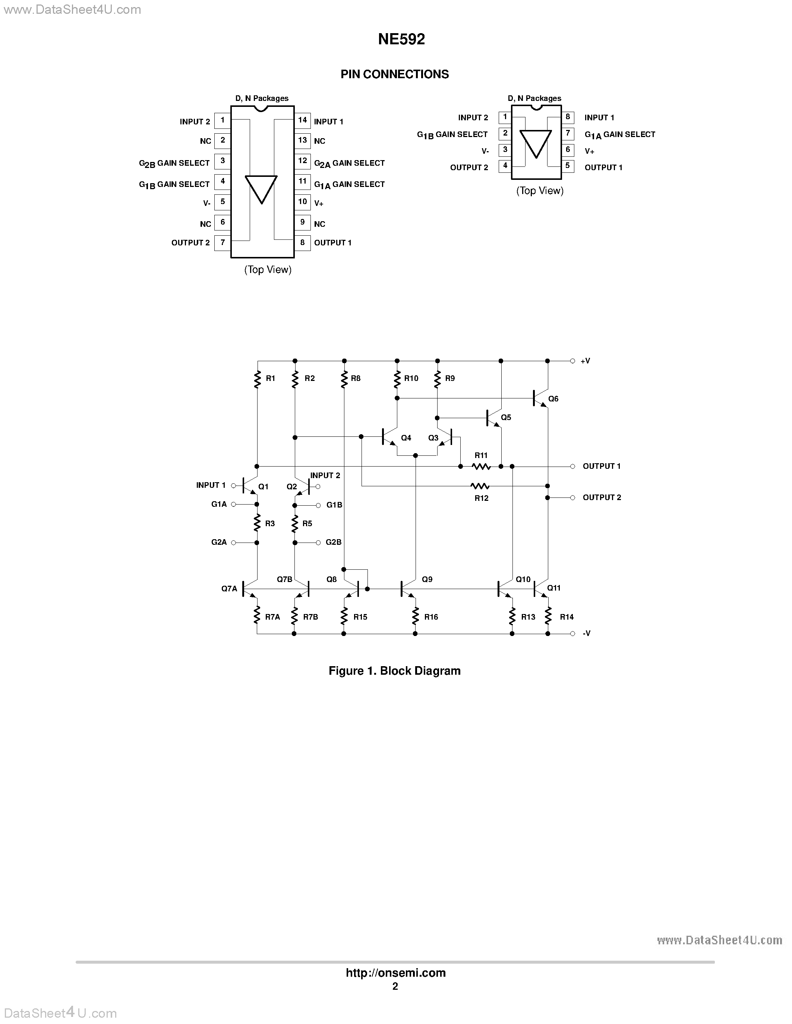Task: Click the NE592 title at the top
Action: tap(401, 39)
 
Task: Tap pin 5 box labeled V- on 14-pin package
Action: tap(223, 202)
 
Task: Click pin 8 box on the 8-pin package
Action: tap(568, 117)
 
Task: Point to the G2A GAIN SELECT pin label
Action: tap(349, 163)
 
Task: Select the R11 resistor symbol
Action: tap(481, 466)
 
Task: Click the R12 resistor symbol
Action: tap(480, 486)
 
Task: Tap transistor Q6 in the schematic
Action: tap(540, 398)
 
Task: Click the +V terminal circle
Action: tap(572, 361)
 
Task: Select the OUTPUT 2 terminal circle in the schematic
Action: tap(572, 497)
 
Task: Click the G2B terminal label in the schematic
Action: tap(334, 543)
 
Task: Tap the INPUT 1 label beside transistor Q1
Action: tap(211, 485)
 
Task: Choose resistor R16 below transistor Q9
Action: tap(415, 616)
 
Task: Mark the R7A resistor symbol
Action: tap(257, 615)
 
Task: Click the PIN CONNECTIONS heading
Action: tap(395, 74)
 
